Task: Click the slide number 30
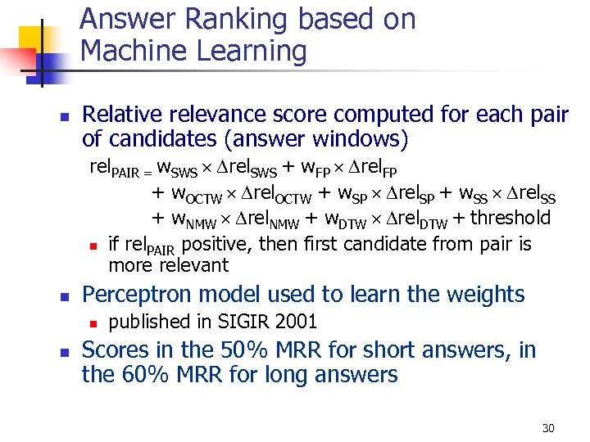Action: pos(548,428)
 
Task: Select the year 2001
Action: pos(297,322)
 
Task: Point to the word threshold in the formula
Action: pos(511,218)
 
